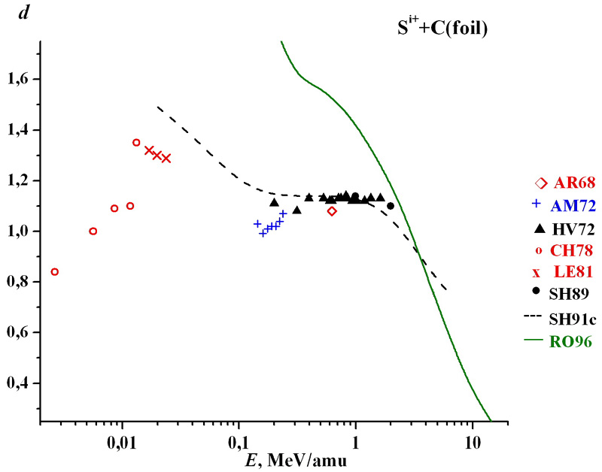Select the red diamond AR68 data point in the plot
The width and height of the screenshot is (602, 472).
[333, 211]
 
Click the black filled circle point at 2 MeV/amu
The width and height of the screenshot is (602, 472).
[391, 206]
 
